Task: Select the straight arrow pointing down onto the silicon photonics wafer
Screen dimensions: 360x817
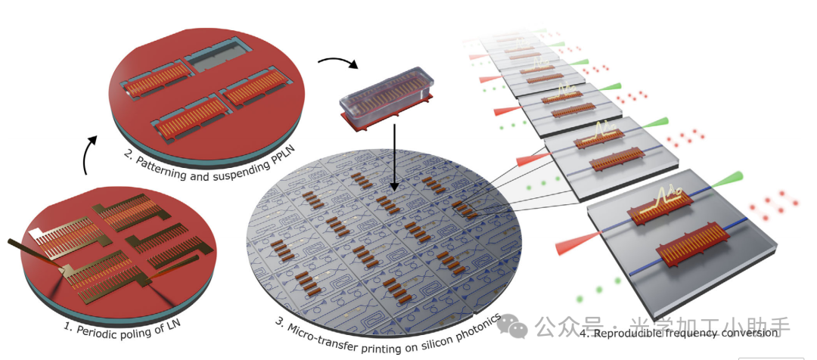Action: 393,162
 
